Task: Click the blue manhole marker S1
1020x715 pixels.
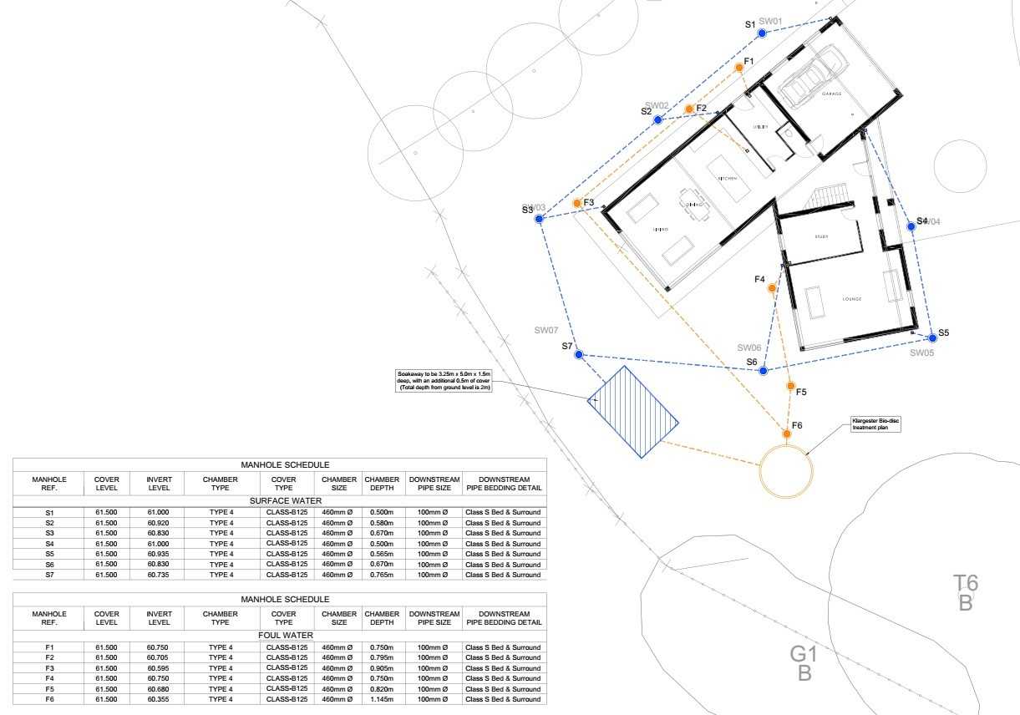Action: (x=762, y=33)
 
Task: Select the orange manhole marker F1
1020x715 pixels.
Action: (x=739, y=68)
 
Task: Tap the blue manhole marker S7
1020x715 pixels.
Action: (x=578, y=355)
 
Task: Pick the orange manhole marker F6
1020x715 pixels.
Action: (x=787, y=434)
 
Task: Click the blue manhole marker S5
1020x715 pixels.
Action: (x=933, y=338)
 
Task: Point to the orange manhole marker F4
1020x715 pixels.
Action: (x=772, y=288)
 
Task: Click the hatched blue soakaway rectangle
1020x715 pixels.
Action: (x=632, y=412)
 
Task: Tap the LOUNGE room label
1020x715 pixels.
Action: (x=851, y=299)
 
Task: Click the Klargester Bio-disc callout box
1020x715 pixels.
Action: (x=875, y=423)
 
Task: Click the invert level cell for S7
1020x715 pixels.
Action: (x=159, y=575)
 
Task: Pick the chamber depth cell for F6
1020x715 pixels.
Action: (x=382, y=699)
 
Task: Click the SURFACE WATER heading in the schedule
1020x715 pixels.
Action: (x=280, y=500)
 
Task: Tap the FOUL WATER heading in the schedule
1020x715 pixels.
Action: (x=280, y=636)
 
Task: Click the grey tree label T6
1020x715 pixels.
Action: (x=966, y=583)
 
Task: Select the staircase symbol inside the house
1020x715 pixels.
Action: (x=827, y=198)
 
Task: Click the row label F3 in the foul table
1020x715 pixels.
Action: (x=49, y=668)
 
